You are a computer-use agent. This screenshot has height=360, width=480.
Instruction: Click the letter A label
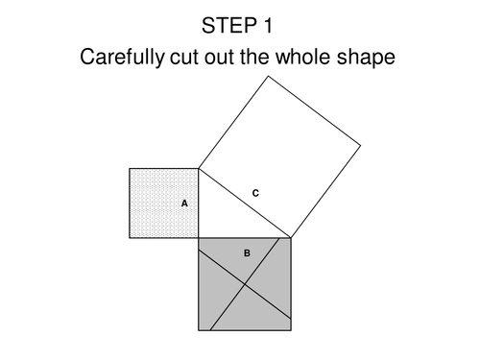184,204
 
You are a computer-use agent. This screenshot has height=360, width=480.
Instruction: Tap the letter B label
247,253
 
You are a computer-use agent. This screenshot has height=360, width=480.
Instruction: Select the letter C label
255,193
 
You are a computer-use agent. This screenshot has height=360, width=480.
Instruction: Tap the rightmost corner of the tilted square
361,145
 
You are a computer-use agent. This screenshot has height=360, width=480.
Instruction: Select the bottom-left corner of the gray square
199,330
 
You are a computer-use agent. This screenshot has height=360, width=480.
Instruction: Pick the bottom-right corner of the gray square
291,330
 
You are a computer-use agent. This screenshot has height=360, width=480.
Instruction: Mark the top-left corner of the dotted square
131,169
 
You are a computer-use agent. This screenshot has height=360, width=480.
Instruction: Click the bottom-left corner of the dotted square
131,238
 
